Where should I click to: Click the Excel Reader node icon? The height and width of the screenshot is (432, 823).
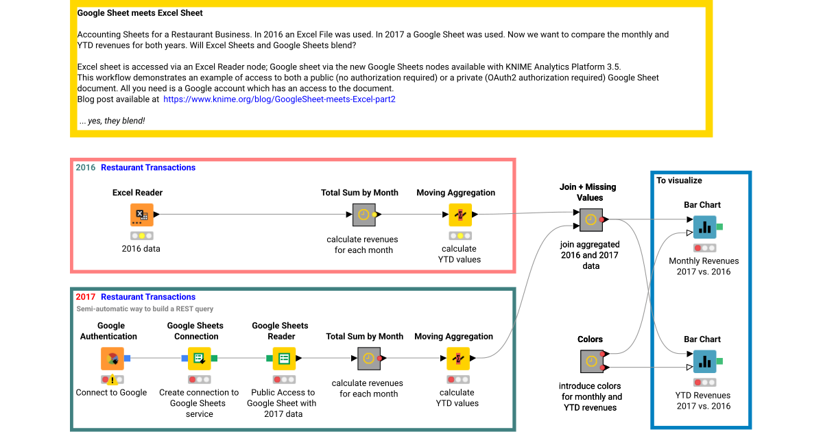coord(142,215)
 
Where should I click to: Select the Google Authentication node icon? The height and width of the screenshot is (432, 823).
coord(112,358)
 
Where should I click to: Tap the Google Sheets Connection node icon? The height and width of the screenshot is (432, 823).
coord(199,358)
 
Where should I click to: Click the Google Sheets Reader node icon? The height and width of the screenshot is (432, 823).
coord(284,358)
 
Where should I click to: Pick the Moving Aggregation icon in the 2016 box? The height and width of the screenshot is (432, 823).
coord(460,215)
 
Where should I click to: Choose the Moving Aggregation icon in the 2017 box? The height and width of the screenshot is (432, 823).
coord(458,358)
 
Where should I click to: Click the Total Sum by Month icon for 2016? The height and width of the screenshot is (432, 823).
coord(364,215)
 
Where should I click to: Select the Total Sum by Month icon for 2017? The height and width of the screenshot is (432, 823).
coord(369,358)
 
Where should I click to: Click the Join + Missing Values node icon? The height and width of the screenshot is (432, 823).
coord(591,219)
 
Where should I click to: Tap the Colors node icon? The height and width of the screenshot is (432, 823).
coord(591,361)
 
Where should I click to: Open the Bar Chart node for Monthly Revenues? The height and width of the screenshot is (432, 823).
coord(704,226)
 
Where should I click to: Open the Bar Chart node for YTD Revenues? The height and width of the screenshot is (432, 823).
coord(704,361)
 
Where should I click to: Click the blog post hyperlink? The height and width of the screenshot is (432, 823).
coord(279,99)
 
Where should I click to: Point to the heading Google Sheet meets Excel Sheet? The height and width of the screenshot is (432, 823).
coord(140,13)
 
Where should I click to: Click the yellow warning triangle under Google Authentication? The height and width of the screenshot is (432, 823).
coord(112,380)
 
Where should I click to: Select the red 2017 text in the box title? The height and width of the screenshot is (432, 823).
coord(86,297)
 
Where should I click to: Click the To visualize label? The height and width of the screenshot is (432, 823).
coord(679,180)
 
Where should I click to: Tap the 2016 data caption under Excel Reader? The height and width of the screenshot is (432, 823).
coord(141,248)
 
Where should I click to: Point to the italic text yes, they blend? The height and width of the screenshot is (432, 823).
coord(112,121)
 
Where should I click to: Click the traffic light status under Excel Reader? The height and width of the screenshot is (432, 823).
coord(141,235)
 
